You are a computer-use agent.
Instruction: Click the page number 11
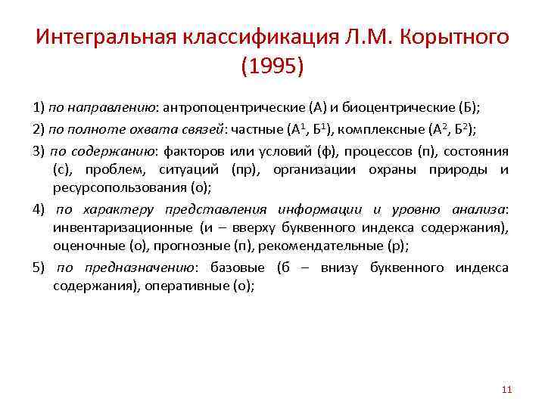click(x=507, y=390)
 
